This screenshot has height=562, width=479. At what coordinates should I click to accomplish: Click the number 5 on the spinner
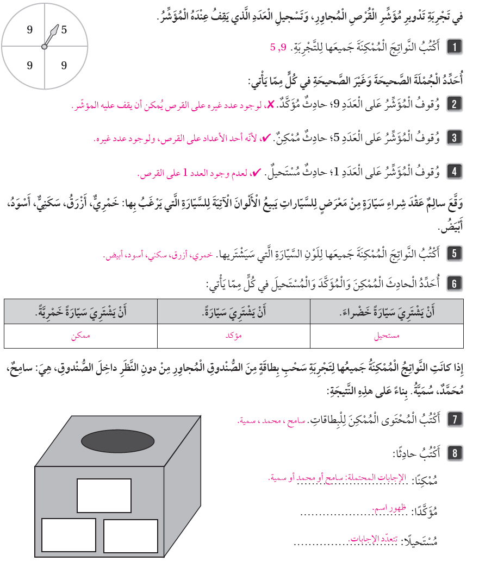(x=64, y=30)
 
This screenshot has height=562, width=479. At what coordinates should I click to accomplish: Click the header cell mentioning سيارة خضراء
(x=387, y=312)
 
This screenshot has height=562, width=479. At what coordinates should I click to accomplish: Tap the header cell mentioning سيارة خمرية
(x=80, y=312)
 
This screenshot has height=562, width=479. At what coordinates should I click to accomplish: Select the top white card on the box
(x=104, y=495)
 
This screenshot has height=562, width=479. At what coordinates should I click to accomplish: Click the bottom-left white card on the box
(x=69, y=535)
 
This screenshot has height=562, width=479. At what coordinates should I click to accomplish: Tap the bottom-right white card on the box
(x=131, y=536)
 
